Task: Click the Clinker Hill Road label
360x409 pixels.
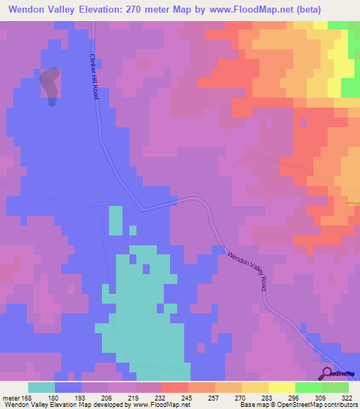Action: pos(93,77)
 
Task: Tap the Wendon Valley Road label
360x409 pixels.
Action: pos(247,269)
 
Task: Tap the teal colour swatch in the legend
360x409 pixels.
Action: pos(41,387)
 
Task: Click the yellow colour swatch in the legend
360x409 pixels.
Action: pos(282,387)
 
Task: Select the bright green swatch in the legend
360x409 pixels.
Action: pos(309,387)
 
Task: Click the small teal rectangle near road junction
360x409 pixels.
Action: pos(115,221)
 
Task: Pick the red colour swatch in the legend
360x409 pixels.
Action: pos(175,387)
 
